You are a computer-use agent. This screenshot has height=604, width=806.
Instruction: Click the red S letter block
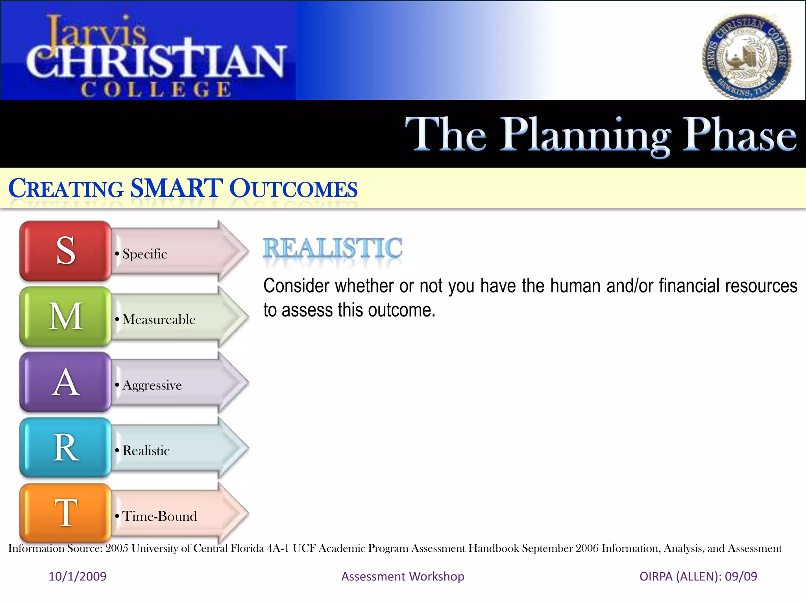[x=65, y=250]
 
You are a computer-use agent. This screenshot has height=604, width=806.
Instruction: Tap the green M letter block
[x=65, y=317]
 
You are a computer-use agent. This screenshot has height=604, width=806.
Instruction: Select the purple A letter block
[x=65, y=382]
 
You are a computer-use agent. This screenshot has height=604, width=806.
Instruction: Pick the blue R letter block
[x=65, y=448]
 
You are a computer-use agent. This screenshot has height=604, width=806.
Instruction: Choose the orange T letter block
[x=65, y=513]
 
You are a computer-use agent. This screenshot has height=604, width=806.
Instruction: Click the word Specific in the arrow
[x=144, y=254]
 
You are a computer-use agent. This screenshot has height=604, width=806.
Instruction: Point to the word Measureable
[x=159, y=320]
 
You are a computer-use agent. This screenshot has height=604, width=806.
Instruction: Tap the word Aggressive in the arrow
[x=152, y=385]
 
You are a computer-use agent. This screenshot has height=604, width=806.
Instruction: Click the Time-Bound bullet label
[x=159, y=516]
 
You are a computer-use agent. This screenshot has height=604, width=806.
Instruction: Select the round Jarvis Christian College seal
[x=747, y=57]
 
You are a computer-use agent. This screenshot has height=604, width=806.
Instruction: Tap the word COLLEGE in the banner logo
[x=156, y=89]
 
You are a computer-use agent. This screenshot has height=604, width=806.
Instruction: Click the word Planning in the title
[x=586, y=136]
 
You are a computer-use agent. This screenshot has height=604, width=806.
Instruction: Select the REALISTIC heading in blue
[x=333, y=249]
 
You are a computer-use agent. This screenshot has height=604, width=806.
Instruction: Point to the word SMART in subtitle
[x=176, y=188]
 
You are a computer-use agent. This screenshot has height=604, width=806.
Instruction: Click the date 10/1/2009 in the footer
[x=78, y=576]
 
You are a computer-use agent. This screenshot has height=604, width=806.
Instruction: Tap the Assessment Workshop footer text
[x=403, y=576]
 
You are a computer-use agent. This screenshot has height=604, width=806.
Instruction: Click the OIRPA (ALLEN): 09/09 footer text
[x=698, y=576]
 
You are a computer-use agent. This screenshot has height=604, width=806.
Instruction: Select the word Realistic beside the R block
[x=146, y=451]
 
